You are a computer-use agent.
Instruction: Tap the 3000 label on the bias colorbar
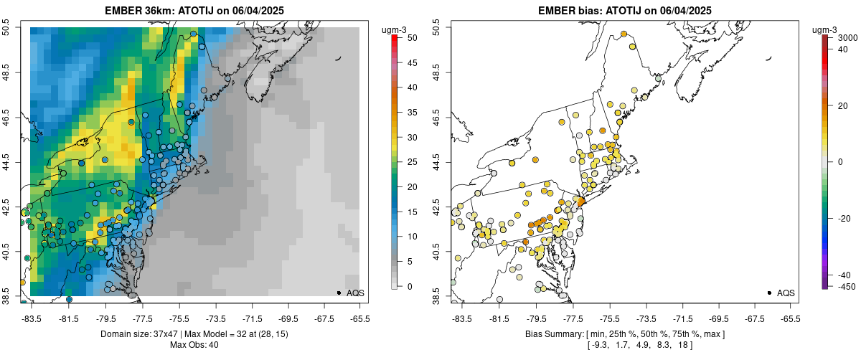pyautogui.click(x=848, y=37)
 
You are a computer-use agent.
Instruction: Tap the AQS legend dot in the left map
pyautogui.click(x=338, y=293)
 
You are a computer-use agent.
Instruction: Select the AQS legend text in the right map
pyautogui.click(x=786, y=293)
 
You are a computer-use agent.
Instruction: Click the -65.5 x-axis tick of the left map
pyautogui.click(x=359, y=318)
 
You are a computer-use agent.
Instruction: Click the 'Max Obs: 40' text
pyautogui.click(x=194, y=345)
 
